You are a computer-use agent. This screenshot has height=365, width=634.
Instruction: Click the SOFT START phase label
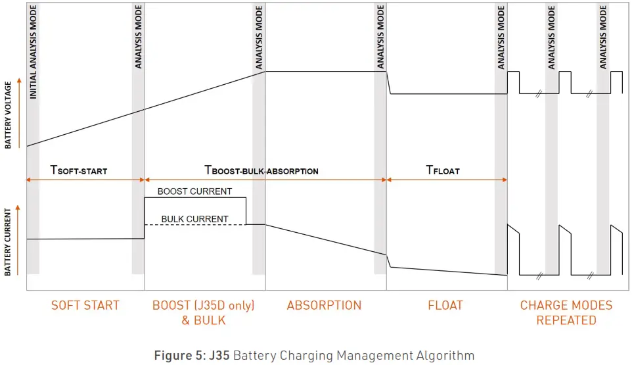point(85,305)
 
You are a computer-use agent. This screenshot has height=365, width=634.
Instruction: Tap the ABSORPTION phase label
point(324,305)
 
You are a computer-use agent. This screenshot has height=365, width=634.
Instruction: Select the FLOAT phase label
point(445,305)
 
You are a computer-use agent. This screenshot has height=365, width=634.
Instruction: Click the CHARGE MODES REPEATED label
point(566,313)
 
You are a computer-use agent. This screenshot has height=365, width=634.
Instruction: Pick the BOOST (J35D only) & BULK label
point(203,313)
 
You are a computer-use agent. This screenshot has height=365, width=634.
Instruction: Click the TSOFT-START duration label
point(79,170)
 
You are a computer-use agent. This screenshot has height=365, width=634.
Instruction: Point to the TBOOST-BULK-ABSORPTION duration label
point(261,170)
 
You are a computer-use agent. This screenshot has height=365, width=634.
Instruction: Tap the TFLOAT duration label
point(443,170)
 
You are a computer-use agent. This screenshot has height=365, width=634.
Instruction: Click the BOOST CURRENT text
point(194,191)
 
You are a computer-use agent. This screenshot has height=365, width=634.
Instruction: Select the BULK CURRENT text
point(195,219)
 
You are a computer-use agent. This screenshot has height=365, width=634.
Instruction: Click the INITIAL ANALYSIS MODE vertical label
point(34,53)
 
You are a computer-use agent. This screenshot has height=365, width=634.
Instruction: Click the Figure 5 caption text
point(314,356)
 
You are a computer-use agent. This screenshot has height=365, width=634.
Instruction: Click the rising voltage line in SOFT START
point(85,128)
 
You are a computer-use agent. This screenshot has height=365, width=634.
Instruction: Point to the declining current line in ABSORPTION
point(325,239)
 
